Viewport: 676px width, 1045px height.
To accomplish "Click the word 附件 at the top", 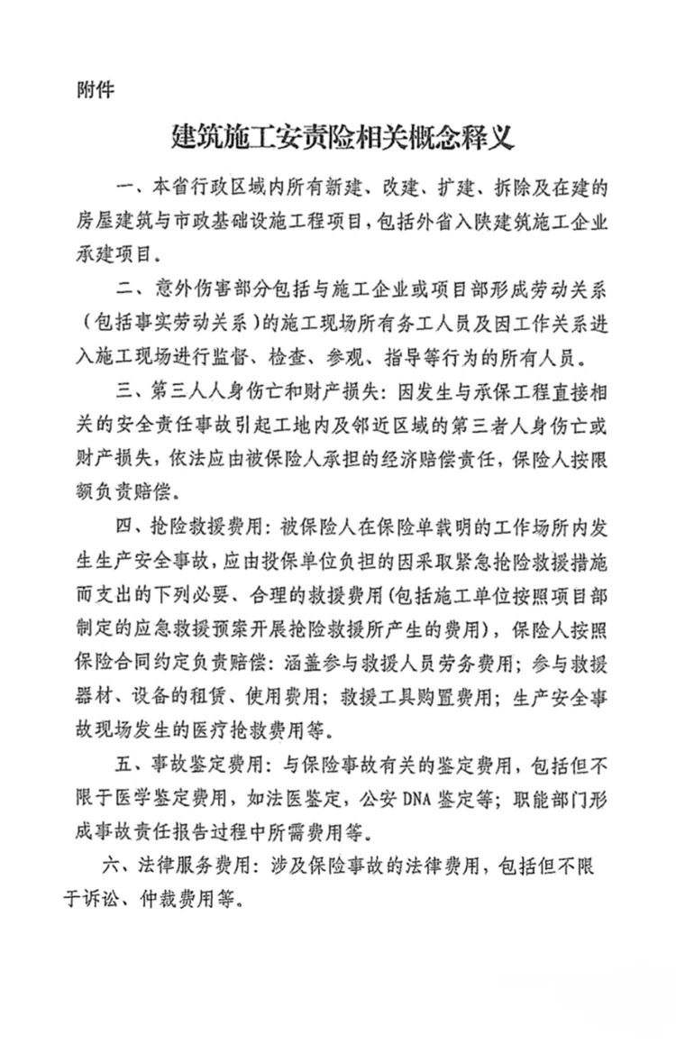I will [x=96, y=90].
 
